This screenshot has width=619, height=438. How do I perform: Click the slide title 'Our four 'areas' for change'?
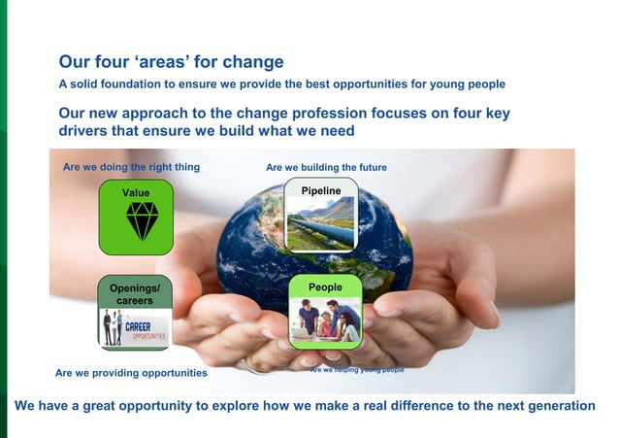[171, 63]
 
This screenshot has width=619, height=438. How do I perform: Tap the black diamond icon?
[142, 221]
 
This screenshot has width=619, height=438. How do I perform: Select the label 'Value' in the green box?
[136, 192]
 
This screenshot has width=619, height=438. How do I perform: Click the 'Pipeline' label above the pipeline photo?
[320, 190]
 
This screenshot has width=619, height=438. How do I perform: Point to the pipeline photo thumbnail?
[321, 223]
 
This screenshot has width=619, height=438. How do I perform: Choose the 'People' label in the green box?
[325, 287]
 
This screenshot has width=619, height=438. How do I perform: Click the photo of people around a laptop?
[325, 320]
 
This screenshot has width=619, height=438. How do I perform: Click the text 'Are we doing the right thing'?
[131, 167]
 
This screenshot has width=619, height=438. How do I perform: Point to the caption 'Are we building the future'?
[326, 168]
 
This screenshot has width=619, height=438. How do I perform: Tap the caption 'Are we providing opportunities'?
[131, 373]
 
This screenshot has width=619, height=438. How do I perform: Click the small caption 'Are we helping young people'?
[357, 370]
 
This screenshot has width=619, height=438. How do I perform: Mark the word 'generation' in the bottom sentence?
[554, 405]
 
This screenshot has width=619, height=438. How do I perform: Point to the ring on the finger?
[254, 366]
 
